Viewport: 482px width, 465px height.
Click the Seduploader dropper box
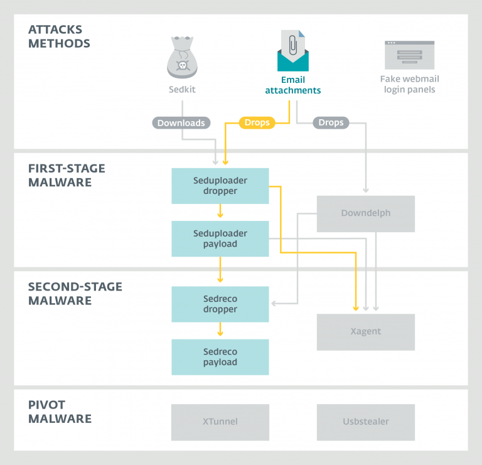point(220,186)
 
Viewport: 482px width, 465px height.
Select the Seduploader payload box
point(220,238)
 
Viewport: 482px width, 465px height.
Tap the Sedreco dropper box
point(220,304)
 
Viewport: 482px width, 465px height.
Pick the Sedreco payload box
point(220,357)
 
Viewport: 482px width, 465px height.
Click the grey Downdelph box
point(365,213)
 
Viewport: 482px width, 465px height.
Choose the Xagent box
point(365,331)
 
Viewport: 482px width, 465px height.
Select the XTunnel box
point(220,422)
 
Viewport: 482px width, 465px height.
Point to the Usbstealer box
point(365,422)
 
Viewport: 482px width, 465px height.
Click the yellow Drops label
point(257,123)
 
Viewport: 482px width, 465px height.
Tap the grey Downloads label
point(181,123)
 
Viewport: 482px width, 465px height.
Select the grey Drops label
point(331,122)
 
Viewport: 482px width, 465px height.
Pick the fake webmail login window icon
point(409,55)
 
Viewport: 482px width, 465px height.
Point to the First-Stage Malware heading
point(67,176)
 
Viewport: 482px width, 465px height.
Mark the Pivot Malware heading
point(60,412)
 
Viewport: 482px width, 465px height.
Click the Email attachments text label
point(293,85)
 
